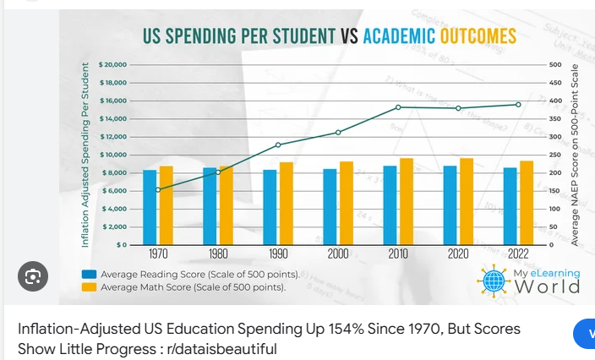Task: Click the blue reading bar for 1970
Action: point(150,207)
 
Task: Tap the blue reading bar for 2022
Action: point(510,206)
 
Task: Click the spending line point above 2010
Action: point(398,107)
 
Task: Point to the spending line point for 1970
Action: point(158,189)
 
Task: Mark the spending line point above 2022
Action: point(518,104)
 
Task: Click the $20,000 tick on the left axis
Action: point(112,65)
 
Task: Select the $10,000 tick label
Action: point(112,155)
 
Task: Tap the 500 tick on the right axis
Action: point(555,65)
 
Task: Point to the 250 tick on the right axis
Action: point(555,155)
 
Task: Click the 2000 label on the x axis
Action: point(338,254)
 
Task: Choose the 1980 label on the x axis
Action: point(218,254)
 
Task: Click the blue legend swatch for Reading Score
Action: point(89,275)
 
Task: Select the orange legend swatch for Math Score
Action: point(89,287)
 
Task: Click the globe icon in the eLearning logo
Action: point(493,280)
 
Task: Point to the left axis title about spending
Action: point(85,155)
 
